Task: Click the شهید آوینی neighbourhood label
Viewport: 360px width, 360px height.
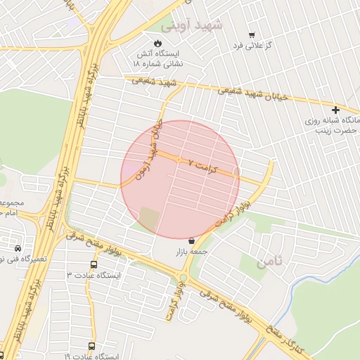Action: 191,25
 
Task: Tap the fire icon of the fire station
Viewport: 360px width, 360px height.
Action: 157,42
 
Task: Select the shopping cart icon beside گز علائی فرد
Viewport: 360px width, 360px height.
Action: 252,34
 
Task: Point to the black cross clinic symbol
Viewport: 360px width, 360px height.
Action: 336,110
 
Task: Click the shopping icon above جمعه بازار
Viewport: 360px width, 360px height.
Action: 191,240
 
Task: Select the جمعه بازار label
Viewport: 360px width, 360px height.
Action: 192,251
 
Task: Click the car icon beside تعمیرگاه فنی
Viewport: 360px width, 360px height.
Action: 17,249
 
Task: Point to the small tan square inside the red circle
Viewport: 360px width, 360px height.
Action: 149,217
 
